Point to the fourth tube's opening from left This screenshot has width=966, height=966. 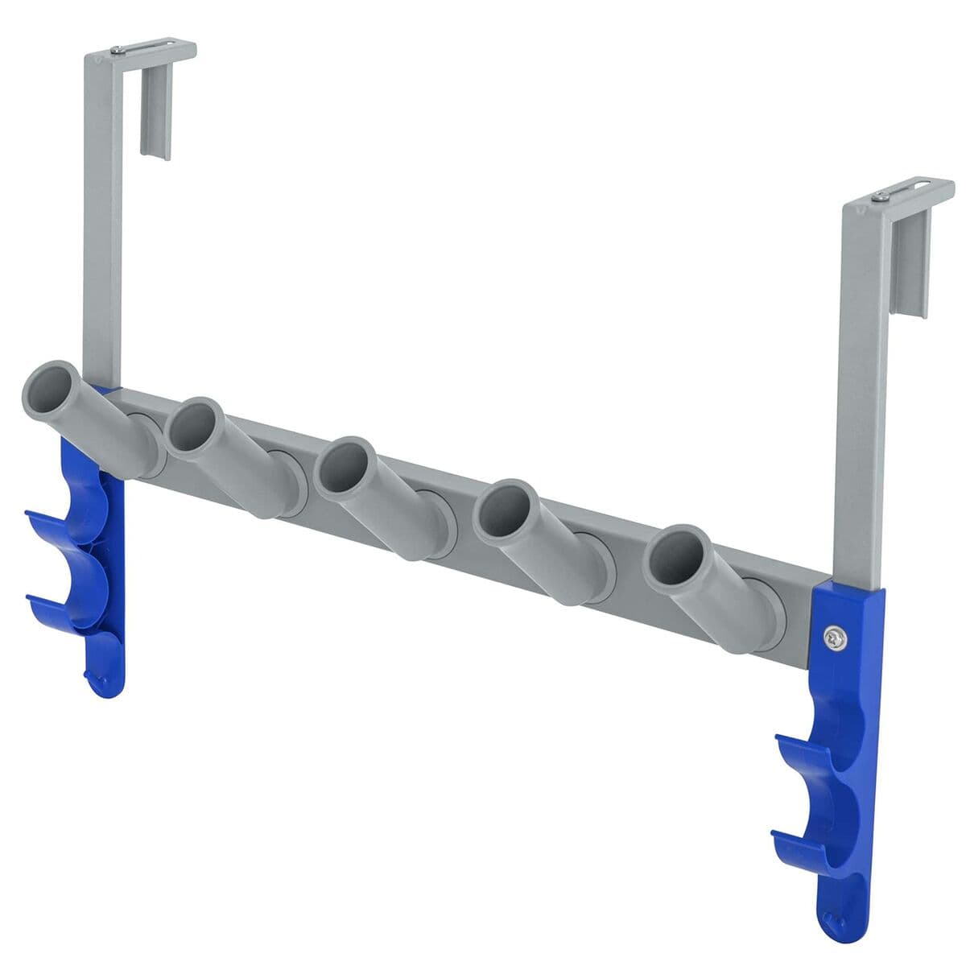[505, 510]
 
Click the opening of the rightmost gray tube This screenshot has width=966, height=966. [675, 555]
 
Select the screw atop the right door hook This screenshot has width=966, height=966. [883, 196]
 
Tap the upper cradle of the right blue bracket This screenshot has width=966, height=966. [809, 753]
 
